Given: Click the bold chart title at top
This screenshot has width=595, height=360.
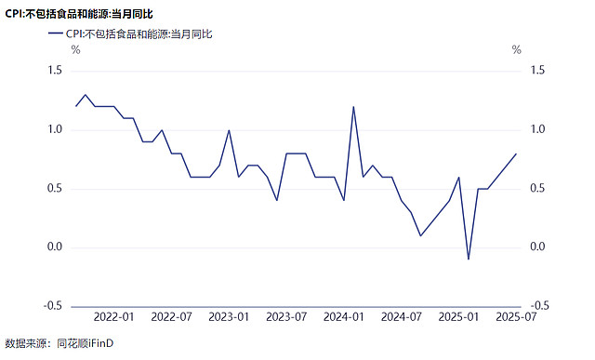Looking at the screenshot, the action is pos(79,14).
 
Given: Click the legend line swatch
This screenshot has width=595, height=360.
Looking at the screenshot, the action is pos(56,33).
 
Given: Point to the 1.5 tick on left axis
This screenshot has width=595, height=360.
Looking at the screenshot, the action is pos(55,71).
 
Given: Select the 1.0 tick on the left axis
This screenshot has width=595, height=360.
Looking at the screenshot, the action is pos(55,129).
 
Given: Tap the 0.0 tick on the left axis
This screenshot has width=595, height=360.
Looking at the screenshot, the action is pos(55,247).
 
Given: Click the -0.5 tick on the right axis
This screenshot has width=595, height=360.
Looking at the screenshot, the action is pos(539,306).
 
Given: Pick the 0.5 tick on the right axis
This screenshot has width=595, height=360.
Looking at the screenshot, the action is pos(537,188).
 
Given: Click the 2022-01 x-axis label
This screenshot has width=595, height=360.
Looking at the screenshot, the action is pos(113,317).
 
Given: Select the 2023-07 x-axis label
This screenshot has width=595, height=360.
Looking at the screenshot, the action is pos(286,317).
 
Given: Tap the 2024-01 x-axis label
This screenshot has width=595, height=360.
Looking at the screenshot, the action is pos(343,317).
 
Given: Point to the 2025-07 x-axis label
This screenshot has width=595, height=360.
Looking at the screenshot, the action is pos(516,317).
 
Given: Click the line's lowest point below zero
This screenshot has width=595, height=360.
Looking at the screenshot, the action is pos(469,260).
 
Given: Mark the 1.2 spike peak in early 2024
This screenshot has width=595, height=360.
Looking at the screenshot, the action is pos(353,107).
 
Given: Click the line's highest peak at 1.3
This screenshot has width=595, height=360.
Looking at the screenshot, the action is pos(86,95).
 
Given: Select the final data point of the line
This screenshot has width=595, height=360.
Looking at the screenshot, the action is pos(516,153).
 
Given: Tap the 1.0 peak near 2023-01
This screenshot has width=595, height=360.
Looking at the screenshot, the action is pos(229,130).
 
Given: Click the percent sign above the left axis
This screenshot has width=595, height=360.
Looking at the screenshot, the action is pos(76,49).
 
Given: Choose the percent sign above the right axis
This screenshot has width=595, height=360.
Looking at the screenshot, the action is pos(517,49).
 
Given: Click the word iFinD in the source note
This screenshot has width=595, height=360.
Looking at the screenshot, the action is pos(101,343).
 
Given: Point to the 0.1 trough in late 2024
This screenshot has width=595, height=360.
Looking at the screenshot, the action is pos(420,236).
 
